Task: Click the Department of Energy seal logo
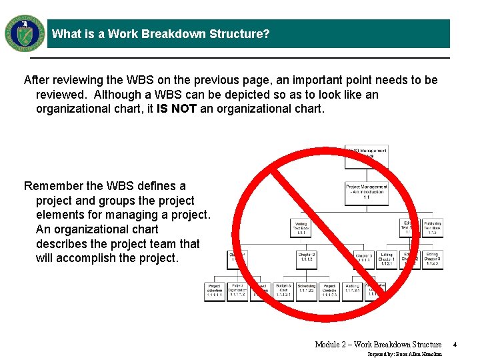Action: click(25, 33)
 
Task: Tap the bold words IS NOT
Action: click(177, 109)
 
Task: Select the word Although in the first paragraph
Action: click(116, 95)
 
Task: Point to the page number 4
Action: click(454, 345)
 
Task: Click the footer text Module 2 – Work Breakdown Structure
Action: click(378, 345)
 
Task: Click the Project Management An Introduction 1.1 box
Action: click(366, 191)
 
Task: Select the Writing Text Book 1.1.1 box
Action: click(300, 228)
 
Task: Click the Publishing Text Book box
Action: click(432, 228)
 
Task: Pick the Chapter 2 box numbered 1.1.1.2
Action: click(306, 259)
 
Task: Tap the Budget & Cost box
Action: click(283, 291)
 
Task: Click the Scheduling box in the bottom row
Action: click(306, 291)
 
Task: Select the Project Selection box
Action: click(215, 291)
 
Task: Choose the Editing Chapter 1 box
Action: click(387, 259)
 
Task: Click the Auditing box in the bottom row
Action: click(352, 291)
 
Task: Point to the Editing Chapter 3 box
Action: click(432, 259)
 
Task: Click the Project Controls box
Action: click(329, 291)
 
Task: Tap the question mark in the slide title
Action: click(266, 34)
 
